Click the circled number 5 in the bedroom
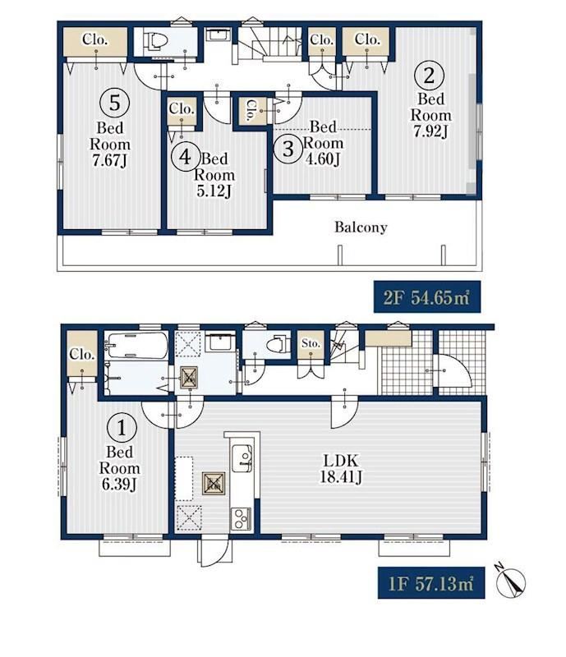(114, 102)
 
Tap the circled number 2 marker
(429, 76)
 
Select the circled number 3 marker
(288, 148)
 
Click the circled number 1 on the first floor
(122, 428)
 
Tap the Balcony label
(361, 227)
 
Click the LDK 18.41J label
(340, 468)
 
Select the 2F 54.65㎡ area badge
(427, 297)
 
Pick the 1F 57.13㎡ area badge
(431, 583)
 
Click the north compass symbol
(510, 581)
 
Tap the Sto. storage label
(311, 343)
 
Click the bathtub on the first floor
(136, 346)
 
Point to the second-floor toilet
(155, 40)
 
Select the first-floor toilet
(278, 344)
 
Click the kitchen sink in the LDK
(242, 457)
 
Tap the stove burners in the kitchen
(241, 519)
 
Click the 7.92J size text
(430, 131)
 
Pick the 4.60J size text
(323, 159)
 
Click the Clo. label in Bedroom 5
(95, 39)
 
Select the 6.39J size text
(119, 484)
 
